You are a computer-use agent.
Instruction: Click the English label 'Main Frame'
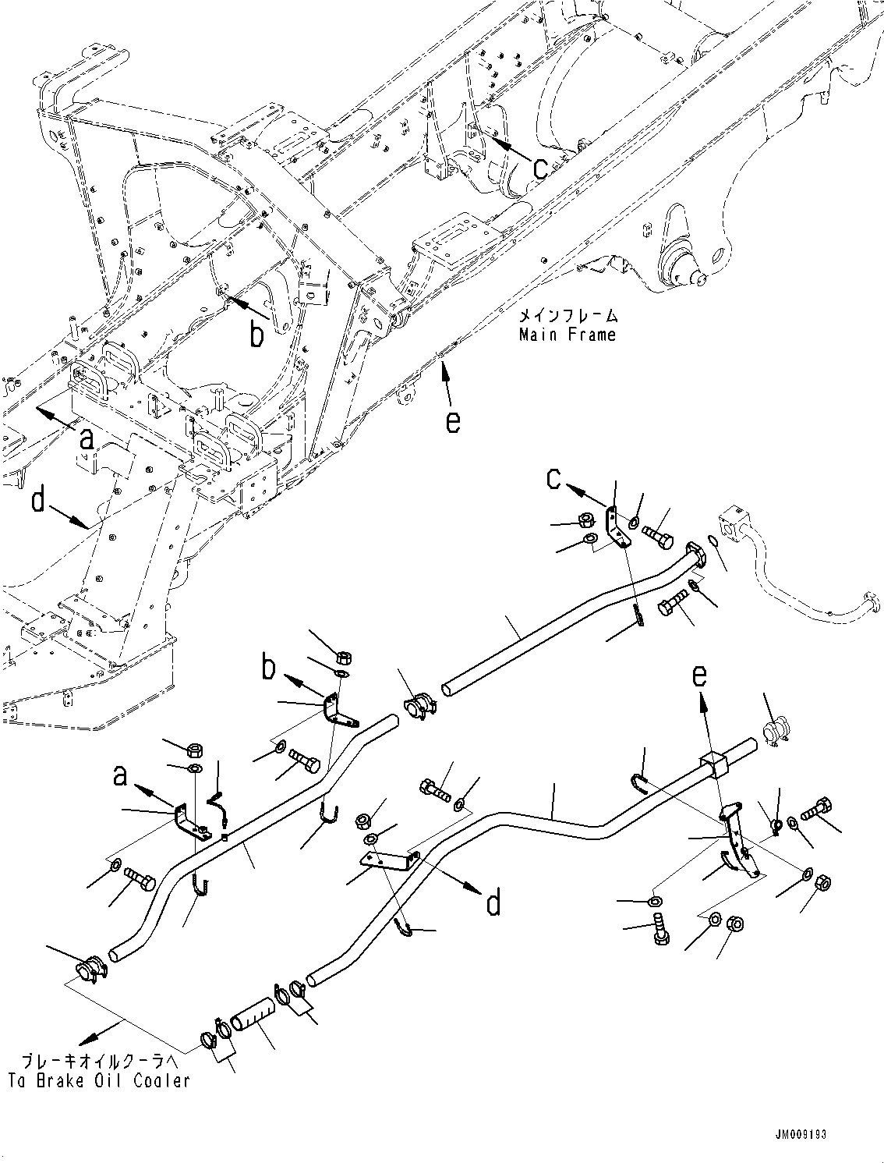[x=567, y=335]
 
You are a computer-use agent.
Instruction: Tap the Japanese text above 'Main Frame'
[x=567, y=317]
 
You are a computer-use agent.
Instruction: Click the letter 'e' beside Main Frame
[x=453, y=423]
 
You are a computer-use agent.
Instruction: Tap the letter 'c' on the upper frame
[x=540, y=169]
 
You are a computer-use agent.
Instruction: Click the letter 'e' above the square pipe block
[x=700, y=676]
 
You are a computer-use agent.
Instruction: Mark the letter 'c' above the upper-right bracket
[x=553, y=479]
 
